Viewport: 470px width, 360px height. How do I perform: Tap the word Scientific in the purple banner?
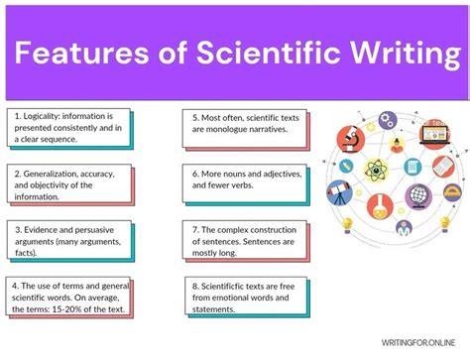click(x=249, y=49)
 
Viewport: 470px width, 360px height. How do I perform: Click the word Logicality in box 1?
click(x=45, y=116)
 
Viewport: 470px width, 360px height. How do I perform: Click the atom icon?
click(x=376, y=170)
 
